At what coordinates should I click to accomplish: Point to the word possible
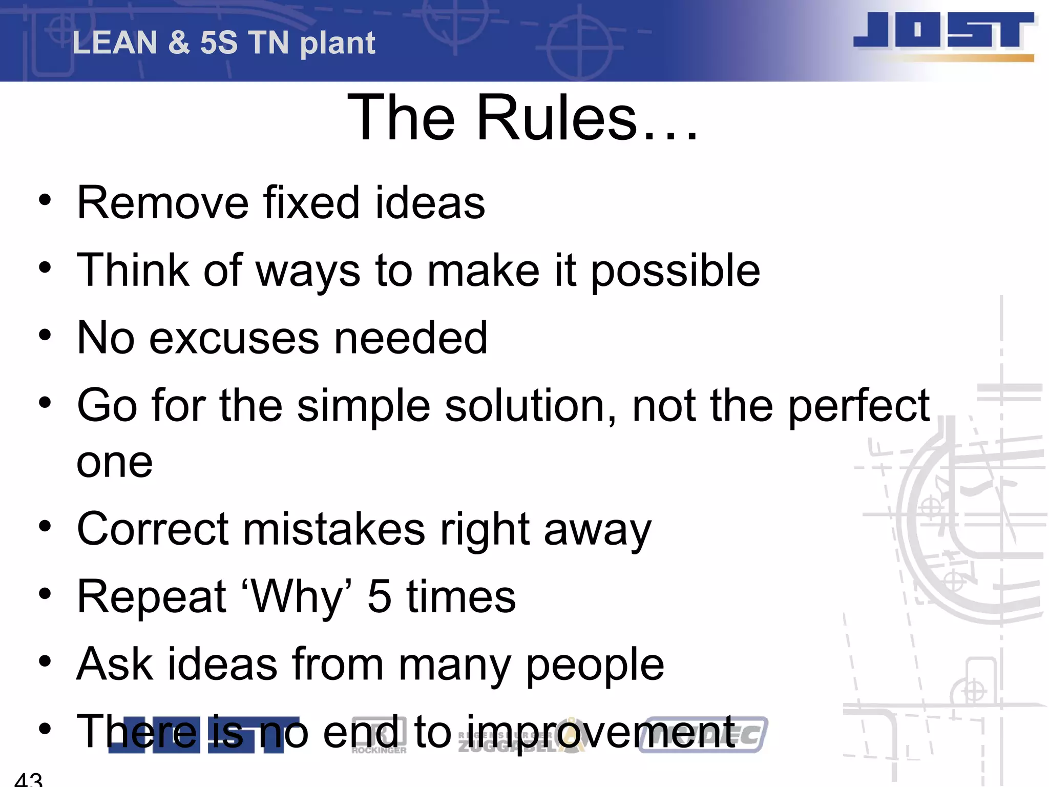[675, 271]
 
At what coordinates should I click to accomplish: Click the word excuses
[234, 338]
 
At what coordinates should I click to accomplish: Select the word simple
[363, 406]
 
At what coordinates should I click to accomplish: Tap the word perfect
[858, 406]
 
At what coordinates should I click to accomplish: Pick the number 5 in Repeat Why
[380, 597]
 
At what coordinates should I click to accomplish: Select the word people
[595, 665]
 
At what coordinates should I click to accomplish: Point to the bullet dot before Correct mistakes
[45, 526]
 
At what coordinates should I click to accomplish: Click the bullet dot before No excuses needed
[45, 335]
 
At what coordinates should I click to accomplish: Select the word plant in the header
[338, 44]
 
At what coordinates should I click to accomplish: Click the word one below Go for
[114, 463]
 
